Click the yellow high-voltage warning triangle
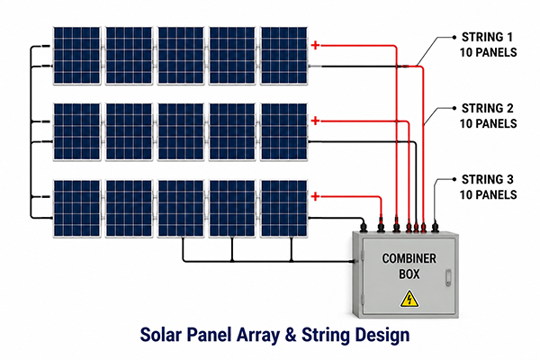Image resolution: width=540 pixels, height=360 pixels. pos(409,299)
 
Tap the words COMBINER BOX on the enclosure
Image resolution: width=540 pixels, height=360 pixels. pos(409,266)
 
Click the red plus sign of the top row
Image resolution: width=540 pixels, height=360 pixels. pos(315,45)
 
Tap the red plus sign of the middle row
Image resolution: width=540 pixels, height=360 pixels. pos(315,121)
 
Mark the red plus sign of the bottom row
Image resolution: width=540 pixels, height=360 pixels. pos(315,197)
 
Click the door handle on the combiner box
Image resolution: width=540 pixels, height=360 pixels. pos(448,278)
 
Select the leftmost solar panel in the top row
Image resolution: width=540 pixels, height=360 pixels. pos(76,56)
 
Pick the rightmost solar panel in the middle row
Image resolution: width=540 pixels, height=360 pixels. pos(284,131)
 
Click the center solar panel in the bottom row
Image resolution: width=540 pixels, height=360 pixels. pos(181,209)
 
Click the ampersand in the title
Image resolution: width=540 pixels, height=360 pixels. pos(291,335)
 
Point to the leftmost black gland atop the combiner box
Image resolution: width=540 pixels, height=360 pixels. pos(363,227)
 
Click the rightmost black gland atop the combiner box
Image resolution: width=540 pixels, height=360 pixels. pos(435,227)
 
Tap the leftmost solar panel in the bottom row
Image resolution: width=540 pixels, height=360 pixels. pos(76,209)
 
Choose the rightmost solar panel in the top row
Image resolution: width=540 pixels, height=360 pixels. pos(284,56)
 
